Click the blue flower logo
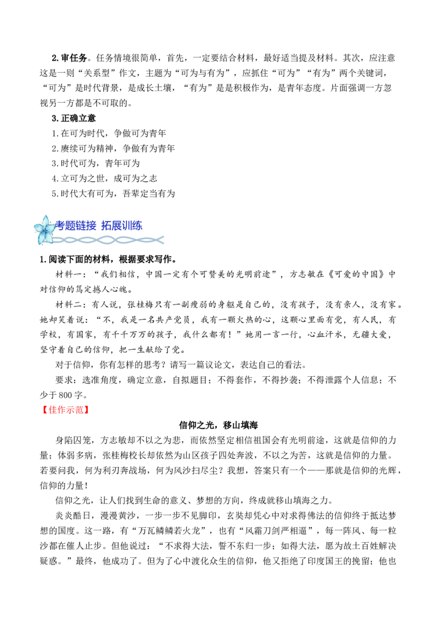click(x=44, y=230)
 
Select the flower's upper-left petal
click(x=37, y=226)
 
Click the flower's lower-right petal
click(x=49, y=239)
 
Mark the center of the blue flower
click(x=44, y=231)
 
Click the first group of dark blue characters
click(x=77, y=225)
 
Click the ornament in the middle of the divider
click(x=107, y=239)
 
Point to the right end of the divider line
click(x=164, y=239)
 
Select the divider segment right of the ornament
click(x=137, y=239)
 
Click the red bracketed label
click(x=66, y=409)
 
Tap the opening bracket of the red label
click(x=44, y=409)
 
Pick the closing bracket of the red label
click(x=88, y=409)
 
